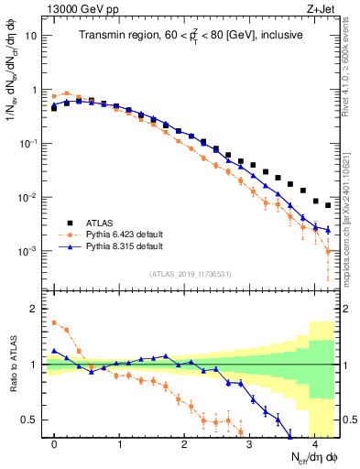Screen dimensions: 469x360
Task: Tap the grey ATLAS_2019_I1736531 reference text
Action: click(x=190, y=273)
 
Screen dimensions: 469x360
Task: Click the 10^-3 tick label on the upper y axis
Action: click(x=29, y=251)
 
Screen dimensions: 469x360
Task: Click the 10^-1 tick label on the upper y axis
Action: click(x=29, y=144)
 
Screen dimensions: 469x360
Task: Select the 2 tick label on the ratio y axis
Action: click(x=34, y=309)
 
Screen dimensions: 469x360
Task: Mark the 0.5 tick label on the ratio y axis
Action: click(x=31, y=420)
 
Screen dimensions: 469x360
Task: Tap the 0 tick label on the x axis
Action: click(x=55, y=443)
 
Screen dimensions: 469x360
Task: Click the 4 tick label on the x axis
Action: click(x=314, y=443)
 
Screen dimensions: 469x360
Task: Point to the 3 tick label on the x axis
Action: click(x=249, y=443)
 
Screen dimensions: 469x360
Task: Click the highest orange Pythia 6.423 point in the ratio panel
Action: click(x=55, y=322)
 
